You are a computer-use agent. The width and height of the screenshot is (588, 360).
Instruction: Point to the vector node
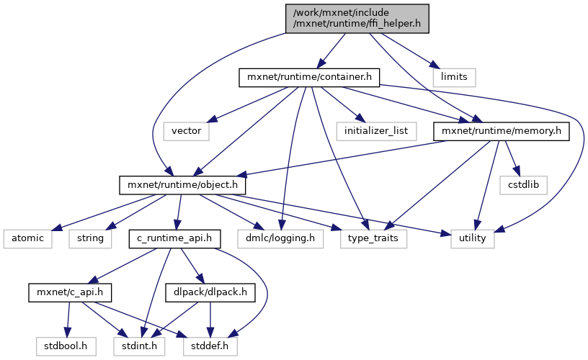click(x=186, y=131)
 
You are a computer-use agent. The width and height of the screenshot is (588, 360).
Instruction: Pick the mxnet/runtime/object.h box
click(x=183, y=185)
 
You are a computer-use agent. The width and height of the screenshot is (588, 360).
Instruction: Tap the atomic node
click(x=27, y=238)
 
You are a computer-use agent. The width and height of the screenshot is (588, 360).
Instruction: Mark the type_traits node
click(x=374, y=238)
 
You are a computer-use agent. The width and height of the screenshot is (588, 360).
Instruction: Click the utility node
click(x=473, y=238)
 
